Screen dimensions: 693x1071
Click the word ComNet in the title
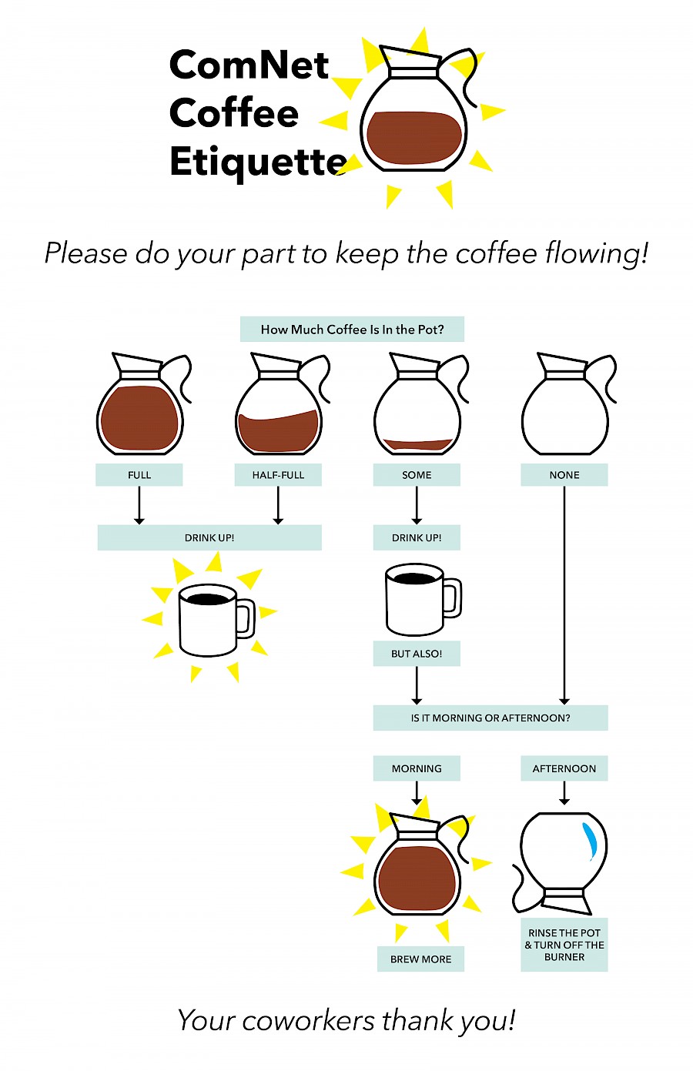(x=249, y=65)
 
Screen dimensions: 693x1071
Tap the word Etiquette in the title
(x=258, y=162)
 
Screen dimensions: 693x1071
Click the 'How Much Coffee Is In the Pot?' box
(x=352, y=329)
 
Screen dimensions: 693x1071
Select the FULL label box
(x=139, y=475)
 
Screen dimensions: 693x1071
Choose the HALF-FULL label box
(x=278, y=475)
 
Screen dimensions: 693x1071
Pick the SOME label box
(x=417, y=475)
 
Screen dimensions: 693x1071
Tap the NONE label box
(x=564, y=475)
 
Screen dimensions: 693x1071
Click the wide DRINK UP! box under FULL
(x=209, y=537)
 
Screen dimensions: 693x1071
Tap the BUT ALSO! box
(x=417, y=654)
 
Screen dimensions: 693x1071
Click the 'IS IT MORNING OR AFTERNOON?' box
(x=490, y=718)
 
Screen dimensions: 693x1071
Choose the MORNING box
(x=417, y=768)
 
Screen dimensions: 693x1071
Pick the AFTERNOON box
(x=564, y=768)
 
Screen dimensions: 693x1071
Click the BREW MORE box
(x=421, y=959)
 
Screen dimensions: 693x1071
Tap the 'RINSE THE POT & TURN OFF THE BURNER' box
(x=564, y=945)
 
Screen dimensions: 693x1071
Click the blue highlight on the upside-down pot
(x=591, y=841)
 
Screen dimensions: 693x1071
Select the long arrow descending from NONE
(x=564, y=596)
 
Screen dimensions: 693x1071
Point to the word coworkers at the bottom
(x=308, y=1020)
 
